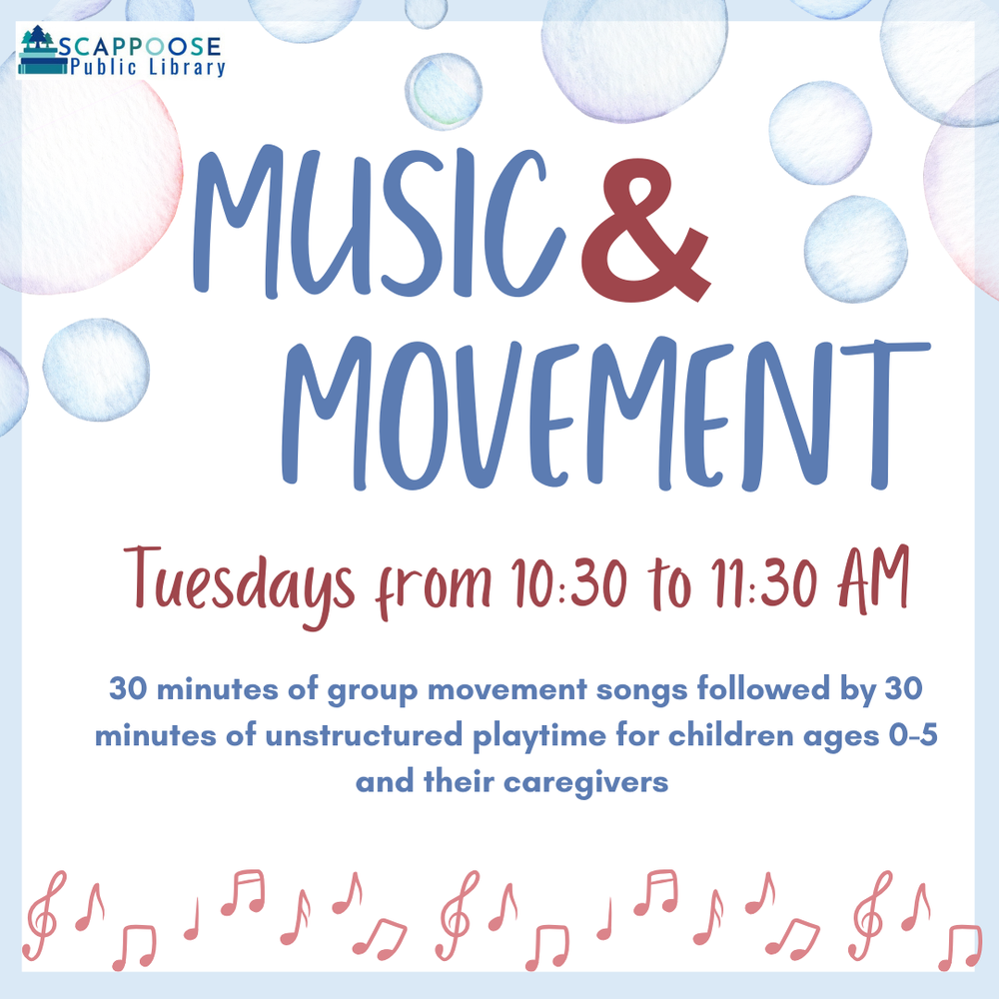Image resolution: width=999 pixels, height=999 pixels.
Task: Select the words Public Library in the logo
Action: pyautogui.click(x=147, y=68)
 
